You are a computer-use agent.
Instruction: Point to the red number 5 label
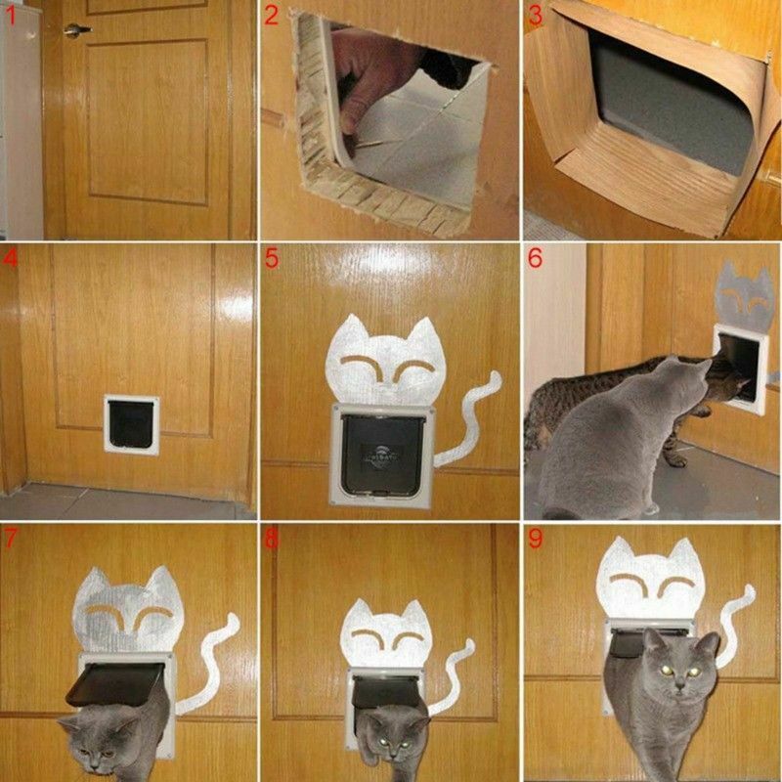(x=273, y=259)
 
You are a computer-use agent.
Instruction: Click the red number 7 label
(x=11, y=538)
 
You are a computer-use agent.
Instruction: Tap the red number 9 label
(x=535, y=538)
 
